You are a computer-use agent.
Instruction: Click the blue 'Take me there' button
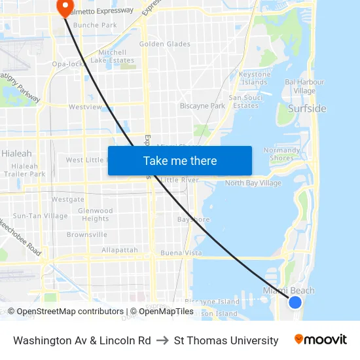point(180,160)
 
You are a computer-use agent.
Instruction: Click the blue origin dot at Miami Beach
point(295,302)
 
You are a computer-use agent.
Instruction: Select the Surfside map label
point(307,109)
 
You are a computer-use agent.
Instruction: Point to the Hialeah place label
point(16,153)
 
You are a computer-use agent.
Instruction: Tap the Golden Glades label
point(165,45)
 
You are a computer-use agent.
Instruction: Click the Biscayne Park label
point(202,106)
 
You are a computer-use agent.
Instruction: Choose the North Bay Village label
point(253,183)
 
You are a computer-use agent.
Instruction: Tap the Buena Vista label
point(181,253)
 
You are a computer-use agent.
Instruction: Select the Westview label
point(85,107)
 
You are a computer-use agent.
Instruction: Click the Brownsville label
point(87,234)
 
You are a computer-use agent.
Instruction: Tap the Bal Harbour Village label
point(304,86)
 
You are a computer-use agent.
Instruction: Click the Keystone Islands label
point(255,79)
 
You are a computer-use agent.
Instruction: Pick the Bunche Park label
point(95,25)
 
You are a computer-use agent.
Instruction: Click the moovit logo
point(320,340)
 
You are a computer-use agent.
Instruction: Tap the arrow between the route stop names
point(162,340)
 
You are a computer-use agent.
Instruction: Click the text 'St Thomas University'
point(226,340)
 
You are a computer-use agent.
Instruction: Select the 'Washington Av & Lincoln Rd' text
point(82,340)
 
